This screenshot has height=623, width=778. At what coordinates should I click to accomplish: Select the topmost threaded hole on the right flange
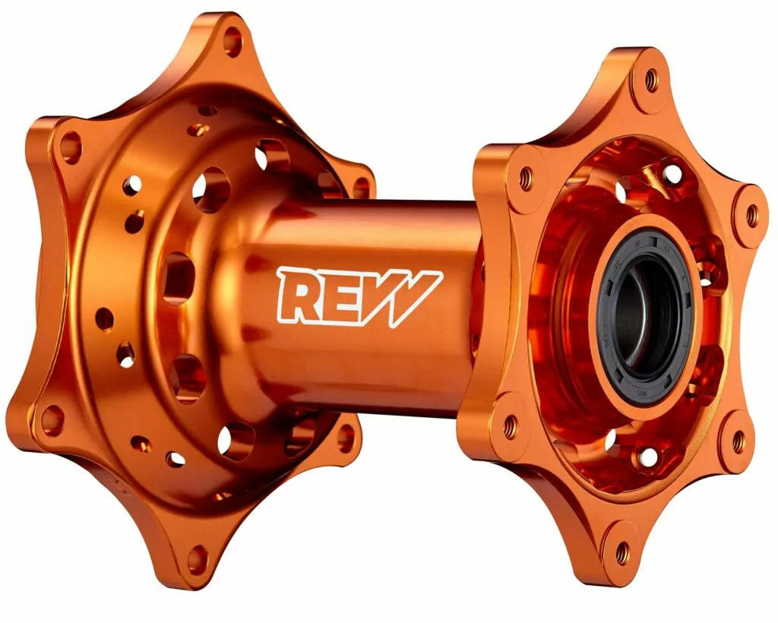[651, 77]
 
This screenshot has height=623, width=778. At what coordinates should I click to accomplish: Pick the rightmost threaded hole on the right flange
[751, 217]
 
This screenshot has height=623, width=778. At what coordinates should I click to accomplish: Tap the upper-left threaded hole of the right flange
[524, 179]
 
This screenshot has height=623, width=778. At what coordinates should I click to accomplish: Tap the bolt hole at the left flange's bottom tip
[197, 560]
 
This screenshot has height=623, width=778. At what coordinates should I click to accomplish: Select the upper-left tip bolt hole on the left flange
[70, 146]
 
